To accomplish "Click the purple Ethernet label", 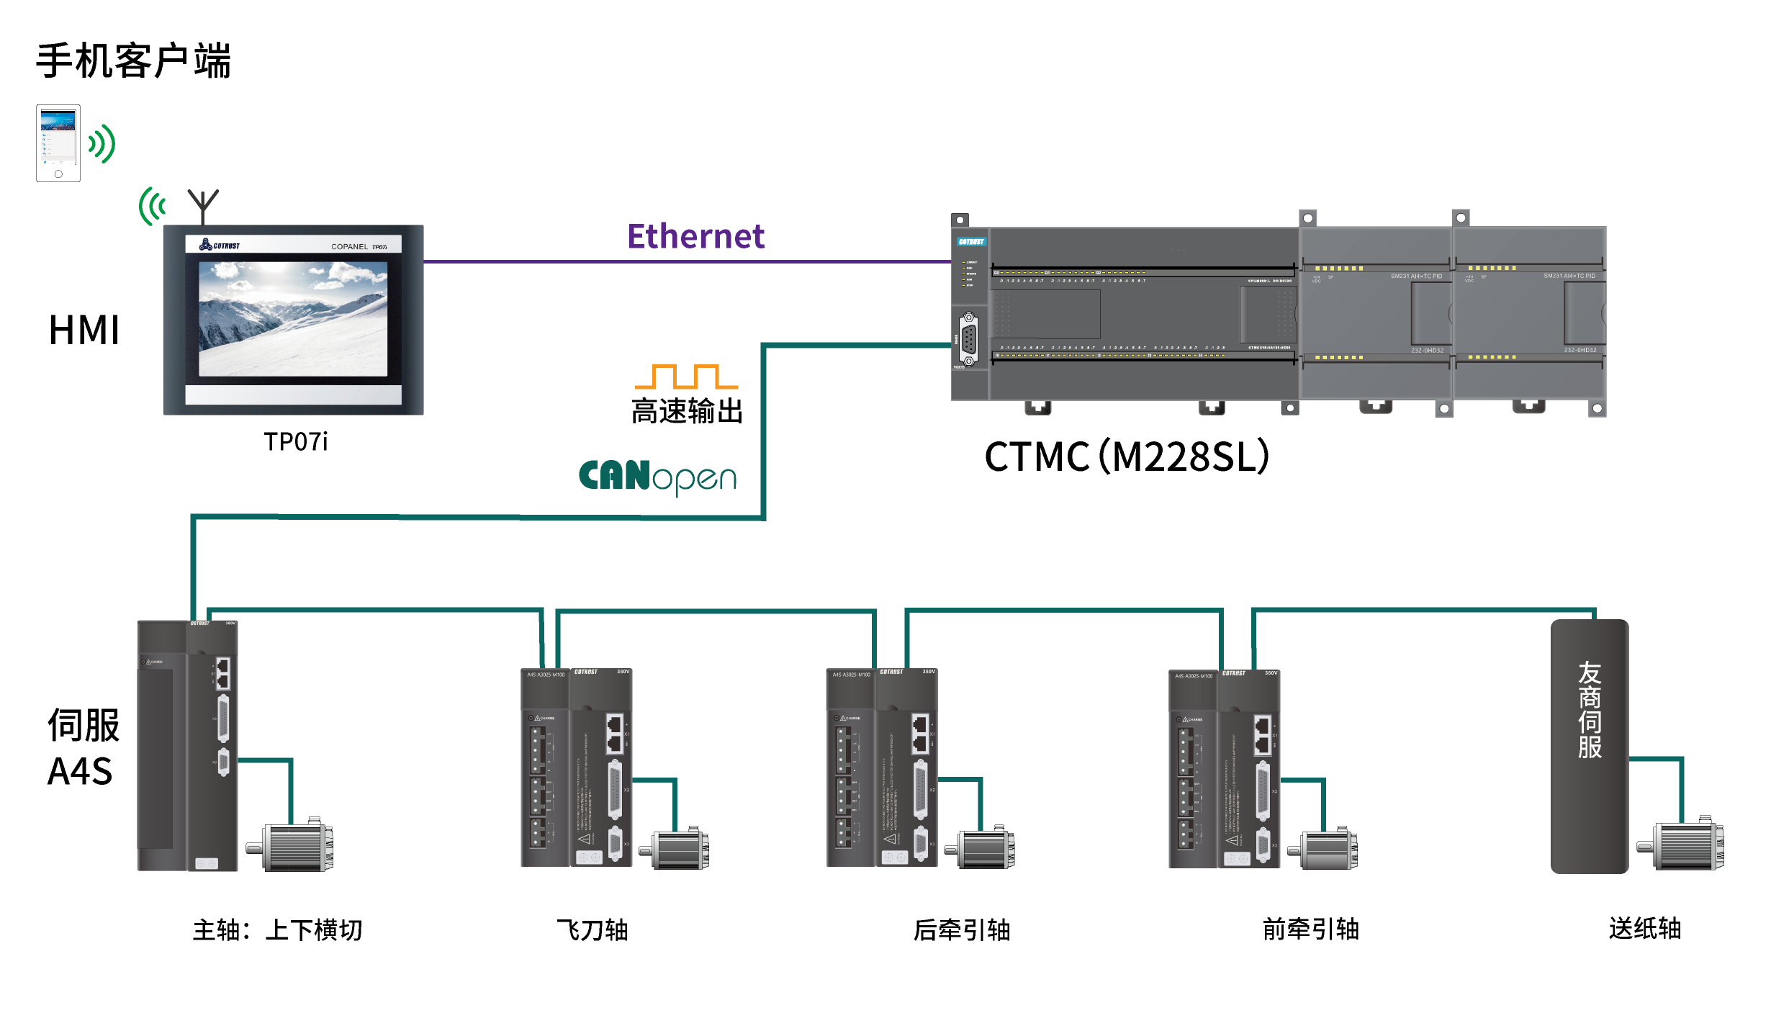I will (695, 236).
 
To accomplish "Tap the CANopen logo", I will (657, 477).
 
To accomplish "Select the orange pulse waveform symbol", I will (686, 377).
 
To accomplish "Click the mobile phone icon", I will (58, 143).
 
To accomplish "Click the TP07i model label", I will (295, 441).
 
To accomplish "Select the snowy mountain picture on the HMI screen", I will (293, 318).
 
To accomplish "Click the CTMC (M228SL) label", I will (1127, 456).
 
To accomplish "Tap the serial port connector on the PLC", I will (969, 339).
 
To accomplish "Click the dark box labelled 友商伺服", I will (1589, 746).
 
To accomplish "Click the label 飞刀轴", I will (592, 929).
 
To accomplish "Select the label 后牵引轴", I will (962, 929).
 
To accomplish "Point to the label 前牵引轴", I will (1311, 929).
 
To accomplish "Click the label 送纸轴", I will (1645, 928).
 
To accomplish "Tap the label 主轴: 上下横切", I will (277, 929).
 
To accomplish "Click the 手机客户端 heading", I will (133, 60).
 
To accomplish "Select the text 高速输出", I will (687, 411).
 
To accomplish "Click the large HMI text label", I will (84, 330).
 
